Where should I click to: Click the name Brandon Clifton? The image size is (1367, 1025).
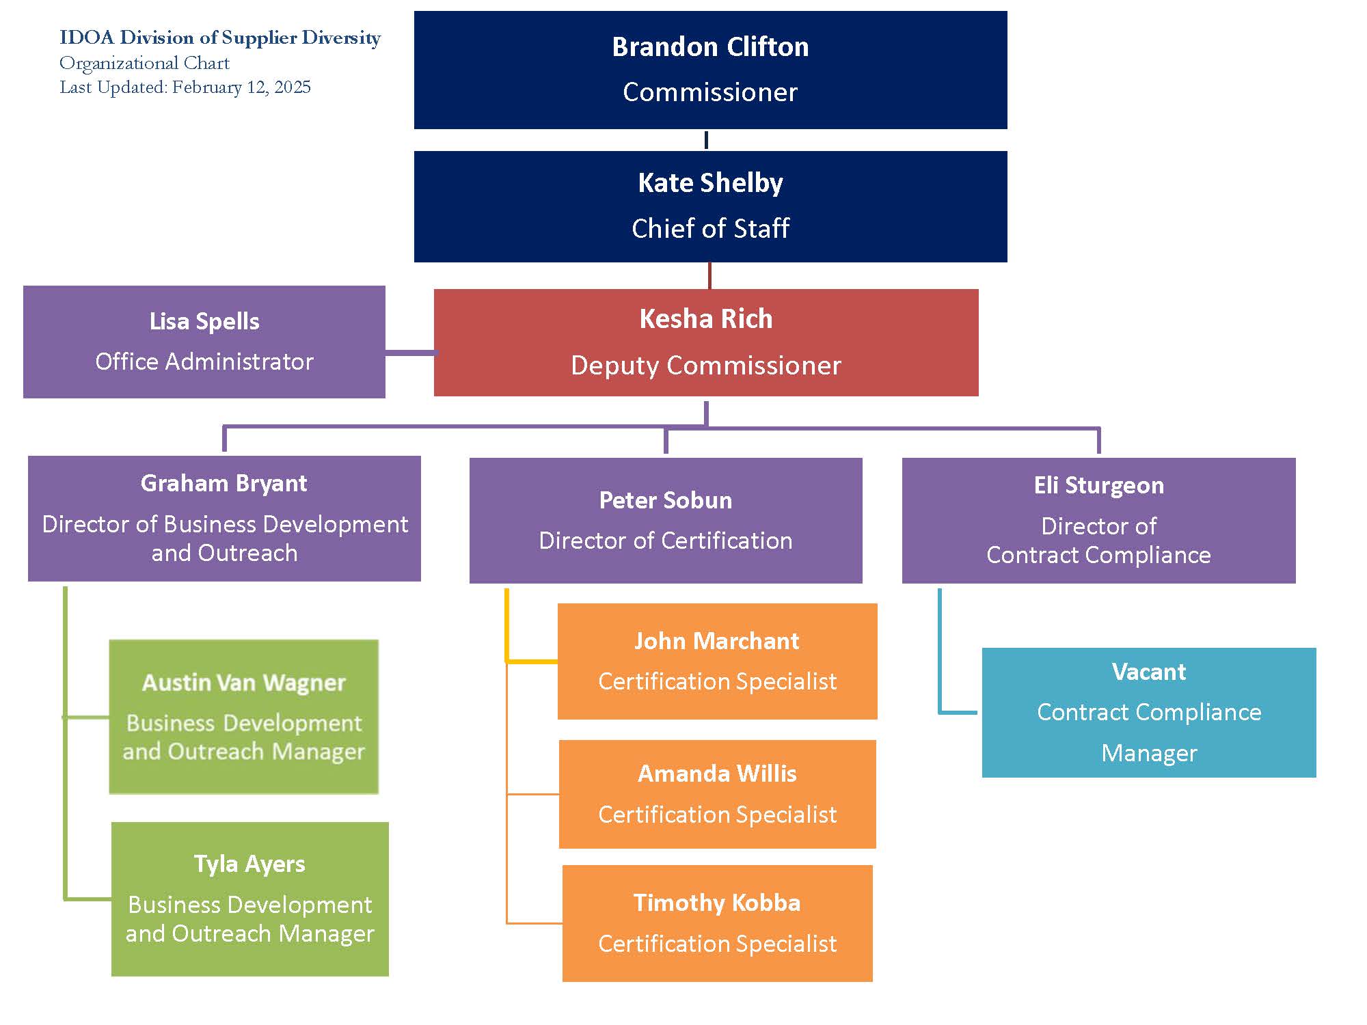pos(710,47)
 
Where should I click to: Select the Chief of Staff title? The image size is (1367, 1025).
pos(710,228)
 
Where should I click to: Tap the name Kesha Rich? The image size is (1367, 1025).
pos(705,319)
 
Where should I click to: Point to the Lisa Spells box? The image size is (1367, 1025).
pos(204,342)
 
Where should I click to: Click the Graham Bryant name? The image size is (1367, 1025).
pos(224,484)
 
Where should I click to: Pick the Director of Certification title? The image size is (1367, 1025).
pos(665,541)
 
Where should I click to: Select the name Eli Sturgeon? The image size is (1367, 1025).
pos(1098,485)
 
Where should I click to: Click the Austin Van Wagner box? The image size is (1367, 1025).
pos(243,716)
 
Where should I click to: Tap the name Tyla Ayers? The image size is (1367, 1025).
pos(249,864)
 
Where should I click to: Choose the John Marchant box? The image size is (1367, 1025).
pos(717,661)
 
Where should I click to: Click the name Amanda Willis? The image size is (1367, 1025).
pos(717,774)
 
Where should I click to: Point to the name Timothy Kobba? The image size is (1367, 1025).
pos(717,903)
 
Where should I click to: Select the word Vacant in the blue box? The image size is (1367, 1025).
pos(1148,672)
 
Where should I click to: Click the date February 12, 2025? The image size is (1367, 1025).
pos(241,87)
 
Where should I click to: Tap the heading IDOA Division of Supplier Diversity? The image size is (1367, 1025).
pos(219,38)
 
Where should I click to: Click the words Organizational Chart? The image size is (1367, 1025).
pos(144,63)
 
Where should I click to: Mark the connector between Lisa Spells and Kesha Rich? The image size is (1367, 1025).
pos(409,353)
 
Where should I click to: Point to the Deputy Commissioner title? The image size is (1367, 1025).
pos(705,366)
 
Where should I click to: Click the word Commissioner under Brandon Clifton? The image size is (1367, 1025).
pos(710,92)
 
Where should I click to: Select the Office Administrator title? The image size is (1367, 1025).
pos(204,361)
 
